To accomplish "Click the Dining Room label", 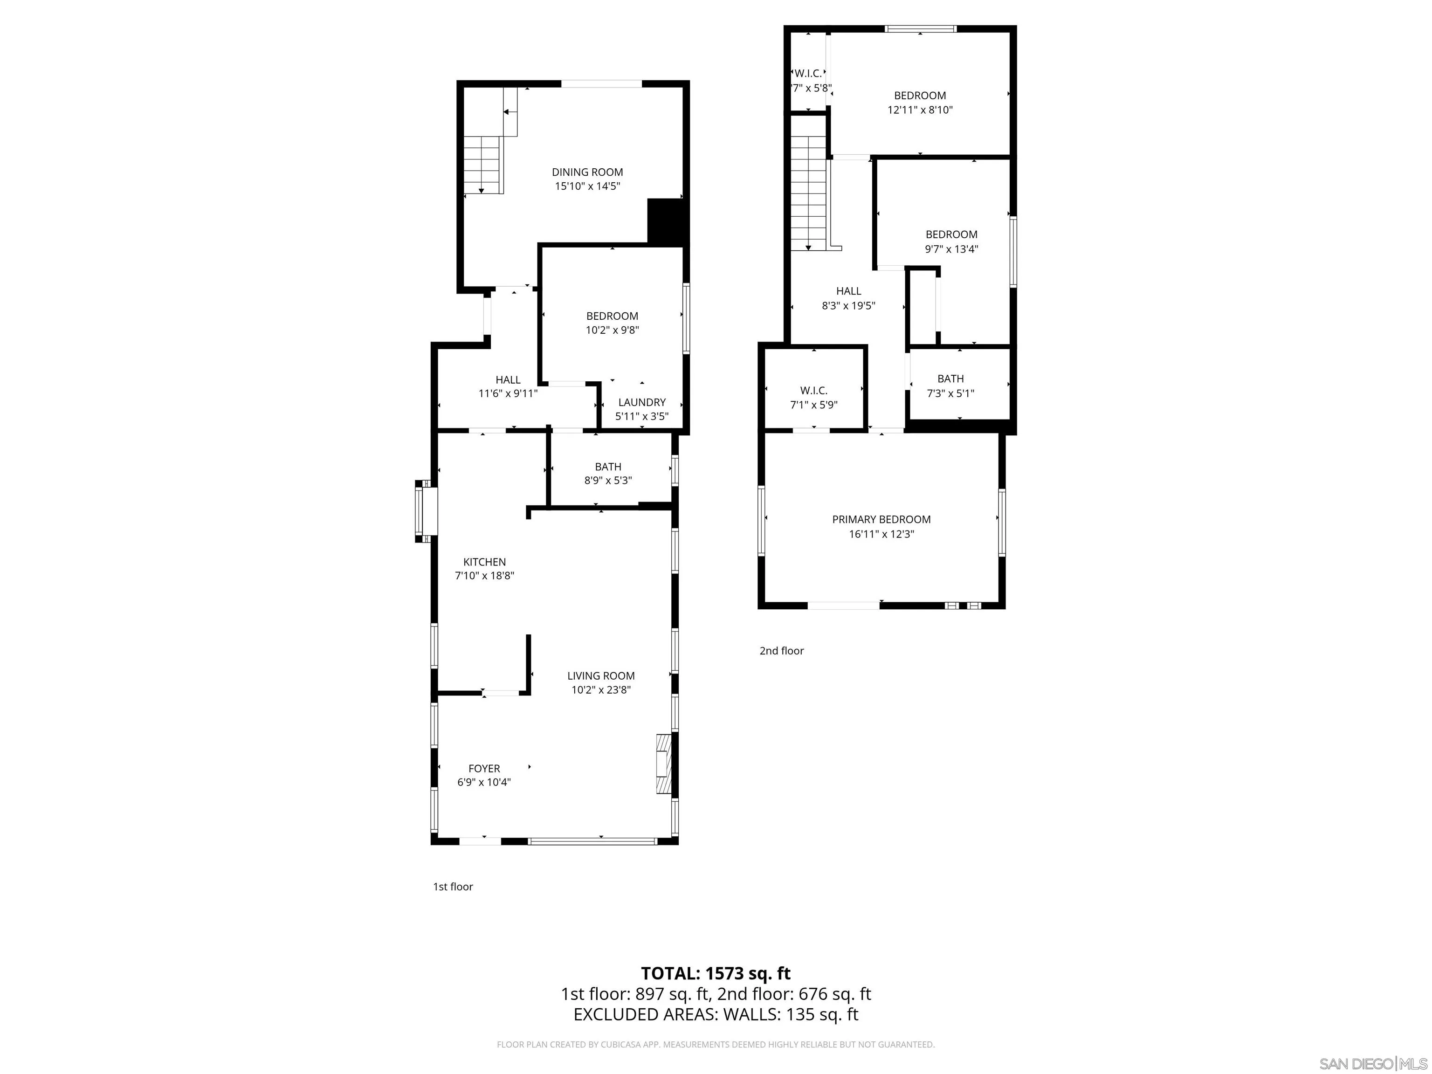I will point(587,172).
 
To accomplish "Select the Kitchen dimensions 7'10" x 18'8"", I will point(484,576).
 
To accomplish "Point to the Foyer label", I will point(484,768).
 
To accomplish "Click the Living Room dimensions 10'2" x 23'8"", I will point(601,690).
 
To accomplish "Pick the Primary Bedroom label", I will point(881,519).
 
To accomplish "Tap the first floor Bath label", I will point(608,467).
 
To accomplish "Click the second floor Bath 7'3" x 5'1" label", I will point(950,386).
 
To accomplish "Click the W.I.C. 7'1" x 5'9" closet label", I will point(814,398).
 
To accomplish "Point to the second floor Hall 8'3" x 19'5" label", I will point(848,298).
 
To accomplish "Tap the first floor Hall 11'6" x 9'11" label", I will point(508,386).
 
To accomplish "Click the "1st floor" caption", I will point(453,887).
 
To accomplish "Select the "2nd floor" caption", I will point(781,651).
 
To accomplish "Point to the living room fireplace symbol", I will point(664,764).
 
